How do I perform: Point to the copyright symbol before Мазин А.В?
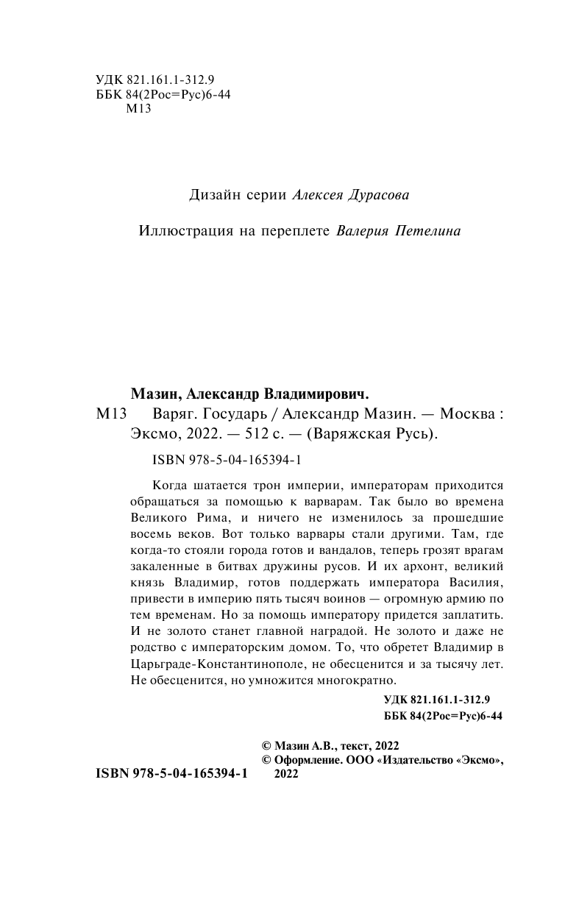[268, 745]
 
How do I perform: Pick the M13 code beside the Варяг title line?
[113, 413]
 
